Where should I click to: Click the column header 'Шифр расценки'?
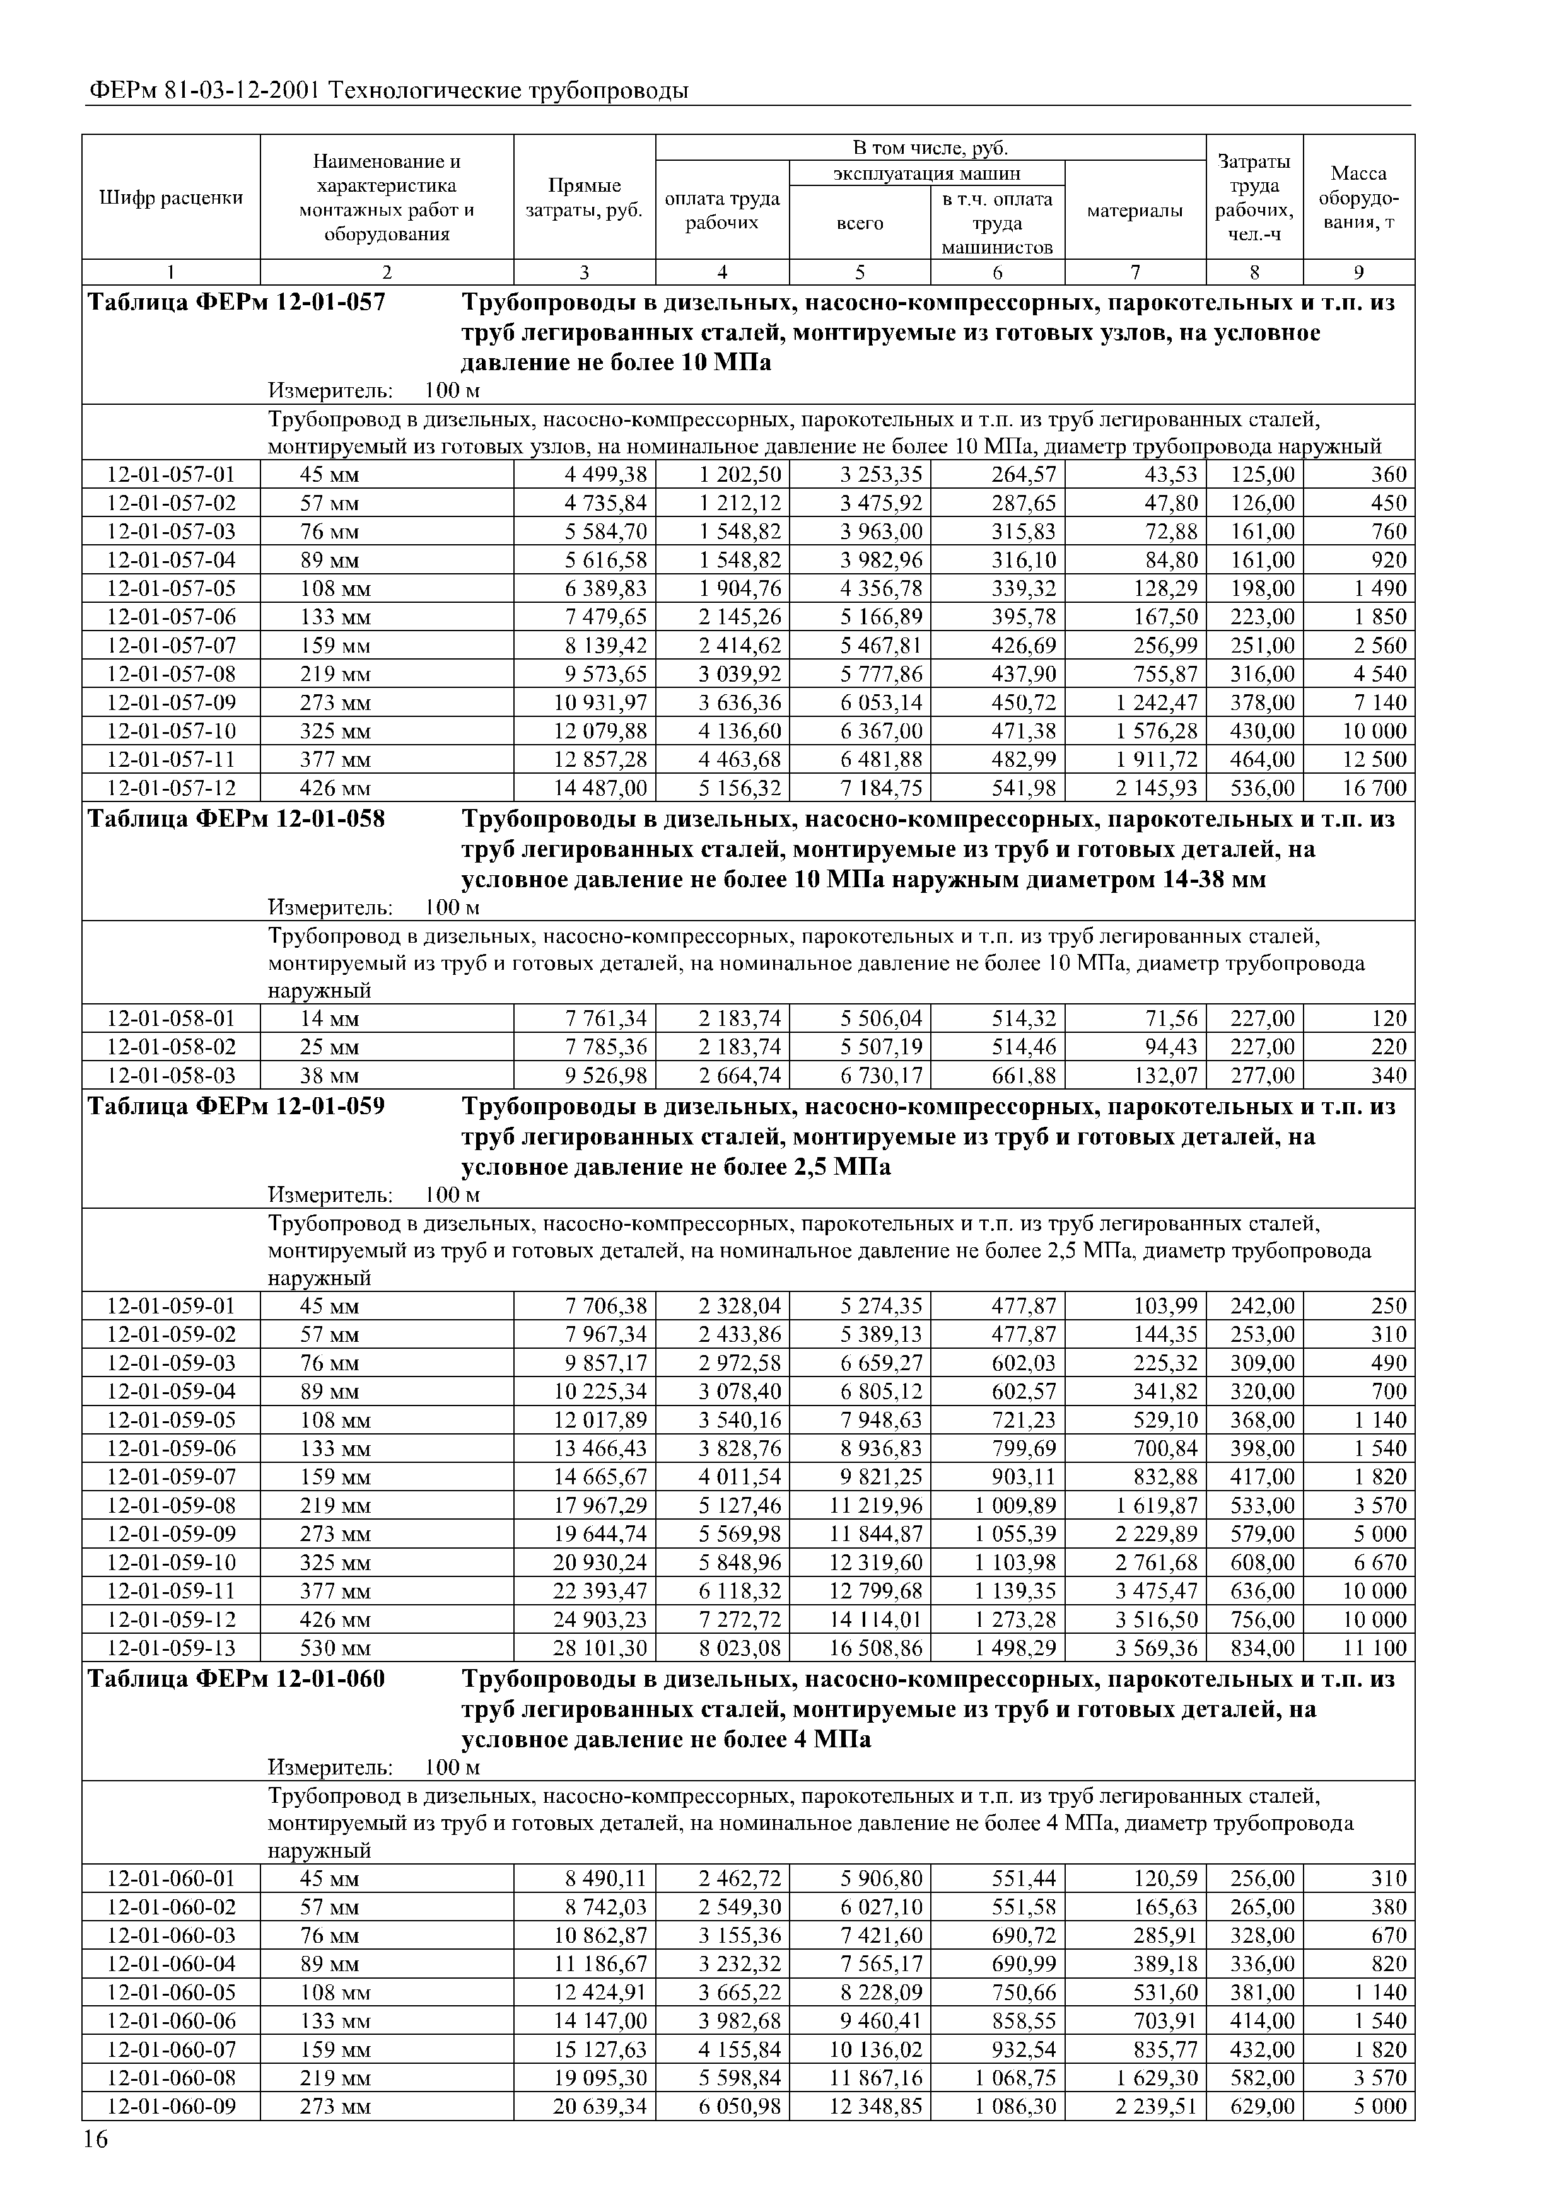tap(170, 197)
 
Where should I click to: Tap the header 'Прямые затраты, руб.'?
tap(584, 197)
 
